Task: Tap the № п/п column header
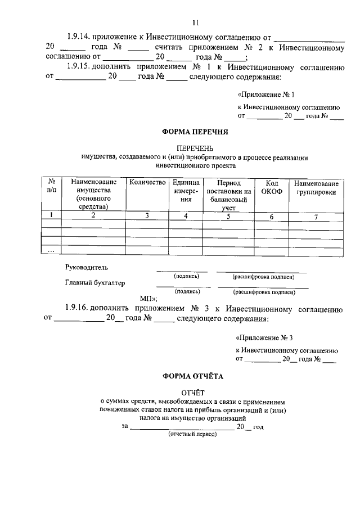pyautogui.click(x=52, y=187)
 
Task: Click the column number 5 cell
pyautogui.click(x=228, y=216)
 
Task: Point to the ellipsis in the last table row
pyautogui.click(x=51, y=250)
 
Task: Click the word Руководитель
pyautogui.click(x=86, y=267)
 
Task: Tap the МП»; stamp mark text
pyautogui.click(x=148, y=299)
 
